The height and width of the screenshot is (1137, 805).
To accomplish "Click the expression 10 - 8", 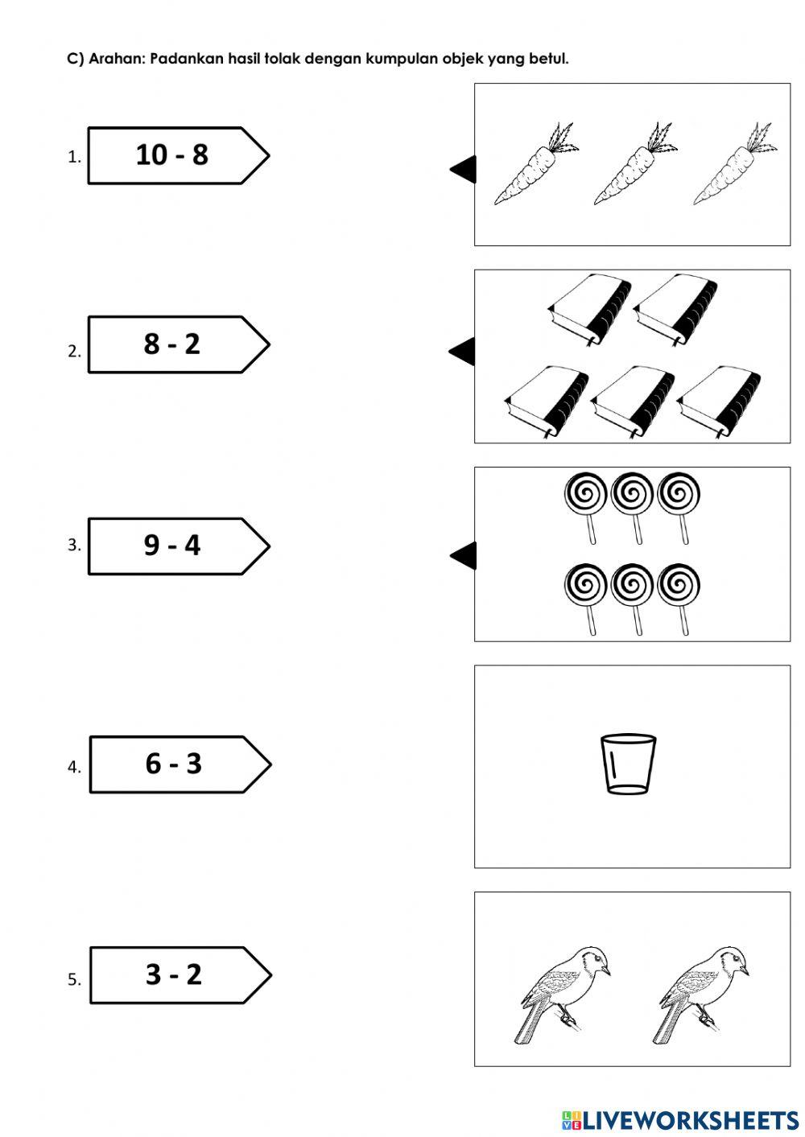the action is (x=172, y=154).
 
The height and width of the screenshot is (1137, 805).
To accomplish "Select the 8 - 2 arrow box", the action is (x=179, y=344).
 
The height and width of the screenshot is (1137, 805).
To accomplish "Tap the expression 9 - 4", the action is (x=172, y=546).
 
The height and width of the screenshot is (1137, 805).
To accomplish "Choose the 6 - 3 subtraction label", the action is (x=174, y=764).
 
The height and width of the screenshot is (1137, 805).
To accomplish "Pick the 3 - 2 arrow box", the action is (x=181, y=975).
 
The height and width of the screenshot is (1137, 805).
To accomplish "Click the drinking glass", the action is (x=628, y=764).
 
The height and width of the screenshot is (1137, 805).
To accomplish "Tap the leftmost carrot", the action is (x=536, y=163).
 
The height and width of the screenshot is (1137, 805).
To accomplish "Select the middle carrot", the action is (x=635, y=163).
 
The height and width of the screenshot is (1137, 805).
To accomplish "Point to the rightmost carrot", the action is (x=735, y=163).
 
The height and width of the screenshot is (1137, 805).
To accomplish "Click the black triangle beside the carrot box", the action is (x=464, y=169).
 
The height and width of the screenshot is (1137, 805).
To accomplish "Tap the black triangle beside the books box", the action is (x=463, y=352).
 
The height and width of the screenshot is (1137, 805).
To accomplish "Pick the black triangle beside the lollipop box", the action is (x=464, y=555).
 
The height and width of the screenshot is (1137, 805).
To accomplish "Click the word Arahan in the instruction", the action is (x=117, y=59).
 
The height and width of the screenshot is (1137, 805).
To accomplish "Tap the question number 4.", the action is (x=73, y=767).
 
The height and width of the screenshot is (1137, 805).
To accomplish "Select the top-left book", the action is (x=589, y=310).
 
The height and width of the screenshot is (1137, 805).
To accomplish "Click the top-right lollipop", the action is (x=679, y=508).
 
